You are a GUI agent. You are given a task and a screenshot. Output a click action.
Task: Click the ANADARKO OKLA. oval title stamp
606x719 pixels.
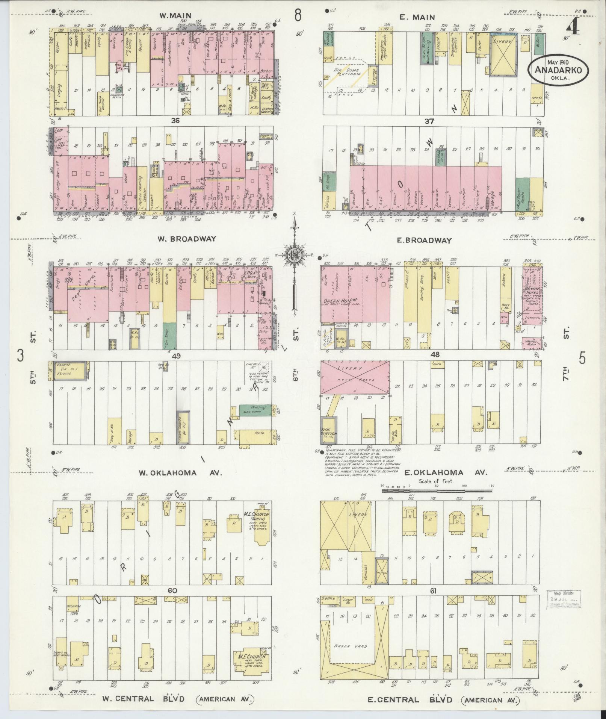tap(558, 70)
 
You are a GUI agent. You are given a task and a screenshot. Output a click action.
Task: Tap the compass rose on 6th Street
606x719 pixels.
tap(294, 255)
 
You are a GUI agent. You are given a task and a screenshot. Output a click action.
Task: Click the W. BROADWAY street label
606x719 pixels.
tap(188, 239)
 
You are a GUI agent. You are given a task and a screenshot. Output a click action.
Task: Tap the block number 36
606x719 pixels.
tap(175, 121)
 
